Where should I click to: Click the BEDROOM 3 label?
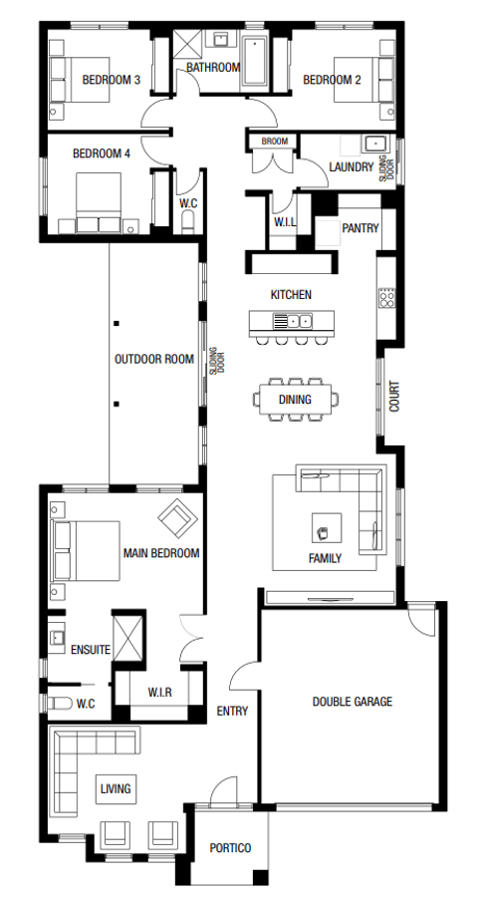pos(111,80)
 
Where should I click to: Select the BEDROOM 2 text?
pos(332,80)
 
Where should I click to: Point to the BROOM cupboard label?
pos(275,142)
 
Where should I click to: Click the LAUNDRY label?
pos(352,167)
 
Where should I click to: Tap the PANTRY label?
pos(361,228)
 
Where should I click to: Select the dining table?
pos(295,400)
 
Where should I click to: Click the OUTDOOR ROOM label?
pos(153,359)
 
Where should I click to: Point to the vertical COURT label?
pos(394,398)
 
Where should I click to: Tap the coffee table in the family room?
pos(326,526)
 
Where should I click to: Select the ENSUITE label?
pos(91,650)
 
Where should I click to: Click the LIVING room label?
pos(116,789)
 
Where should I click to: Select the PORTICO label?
pos(230,848)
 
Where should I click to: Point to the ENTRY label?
pos(232,711)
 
